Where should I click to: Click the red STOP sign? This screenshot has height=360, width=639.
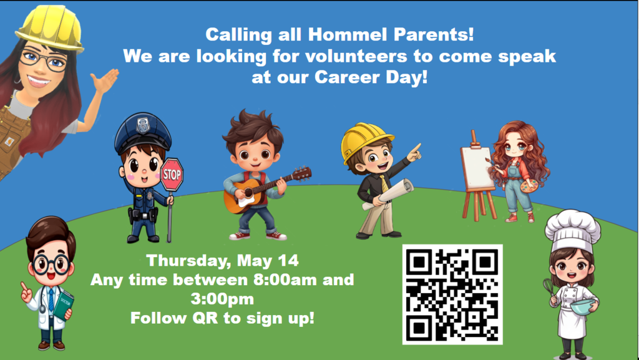(172, 175)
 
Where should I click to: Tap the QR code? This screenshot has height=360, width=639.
(452, 294)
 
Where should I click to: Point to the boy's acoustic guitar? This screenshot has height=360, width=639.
(250, 195)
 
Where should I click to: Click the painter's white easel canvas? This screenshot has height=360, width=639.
(478, 168)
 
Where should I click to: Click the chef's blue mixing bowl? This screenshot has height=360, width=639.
(582, 306)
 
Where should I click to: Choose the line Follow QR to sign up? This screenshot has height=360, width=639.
(222, 318)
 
